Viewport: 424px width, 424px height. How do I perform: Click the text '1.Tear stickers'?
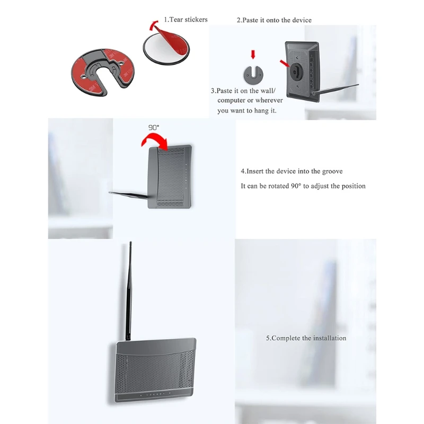(x=185, y=20)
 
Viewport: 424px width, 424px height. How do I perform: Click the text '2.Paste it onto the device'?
(x=273, y=20)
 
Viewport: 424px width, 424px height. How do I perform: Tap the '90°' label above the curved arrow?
(x=153, y=128)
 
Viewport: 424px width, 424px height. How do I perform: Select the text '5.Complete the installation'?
(x=306, y=338)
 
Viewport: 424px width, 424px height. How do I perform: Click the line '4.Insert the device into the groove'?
(x=291, y=171)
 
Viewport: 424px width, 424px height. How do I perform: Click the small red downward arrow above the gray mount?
(x=253, y=54)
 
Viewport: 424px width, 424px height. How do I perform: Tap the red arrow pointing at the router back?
(x=285, y=64)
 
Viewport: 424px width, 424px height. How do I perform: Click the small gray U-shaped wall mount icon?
(x=253, y=74)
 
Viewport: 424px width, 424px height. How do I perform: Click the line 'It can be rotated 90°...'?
(x=303, y=186)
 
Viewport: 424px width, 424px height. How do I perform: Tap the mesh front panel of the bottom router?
(x=154, y=371)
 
